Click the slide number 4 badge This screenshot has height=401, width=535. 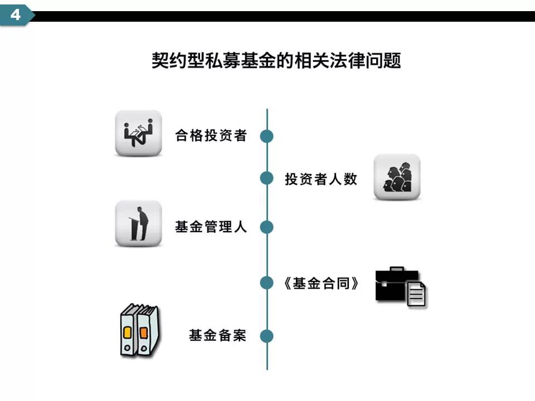(x=16, y=15)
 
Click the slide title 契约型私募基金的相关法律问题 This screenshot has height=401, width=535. (x=276, y=60)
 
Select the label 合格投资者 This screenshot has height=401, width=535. (x=211, y=135)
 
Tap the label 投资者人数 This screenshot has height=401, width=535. (x=321, y=179)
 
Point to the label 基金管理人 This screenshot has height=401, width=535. (x=211, y=227)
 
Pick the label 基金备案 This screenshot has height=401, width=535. (x=217, y=336)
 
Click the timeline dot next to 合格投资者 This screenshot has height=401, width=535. (x=267, y=136)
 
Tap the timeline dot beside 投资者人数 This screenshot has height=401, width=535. (x=267, y=178)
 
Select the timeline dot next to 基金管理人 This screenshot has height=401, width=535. (x=267, y=227)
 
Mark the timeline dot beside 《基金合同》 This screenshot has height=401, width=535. (x=267, y=283)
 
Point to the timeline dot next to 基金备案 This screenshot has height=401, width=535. (x=267, y=336)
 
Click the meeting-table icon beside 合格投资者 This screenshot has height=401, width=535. (x=138, y=133)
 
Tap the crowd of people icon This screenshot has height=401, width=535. (x=397, y=177)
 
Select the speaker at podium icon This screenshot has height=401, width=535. (x=138, y=223)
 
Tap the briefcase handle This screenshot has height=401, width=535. (x=396, y=270)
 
